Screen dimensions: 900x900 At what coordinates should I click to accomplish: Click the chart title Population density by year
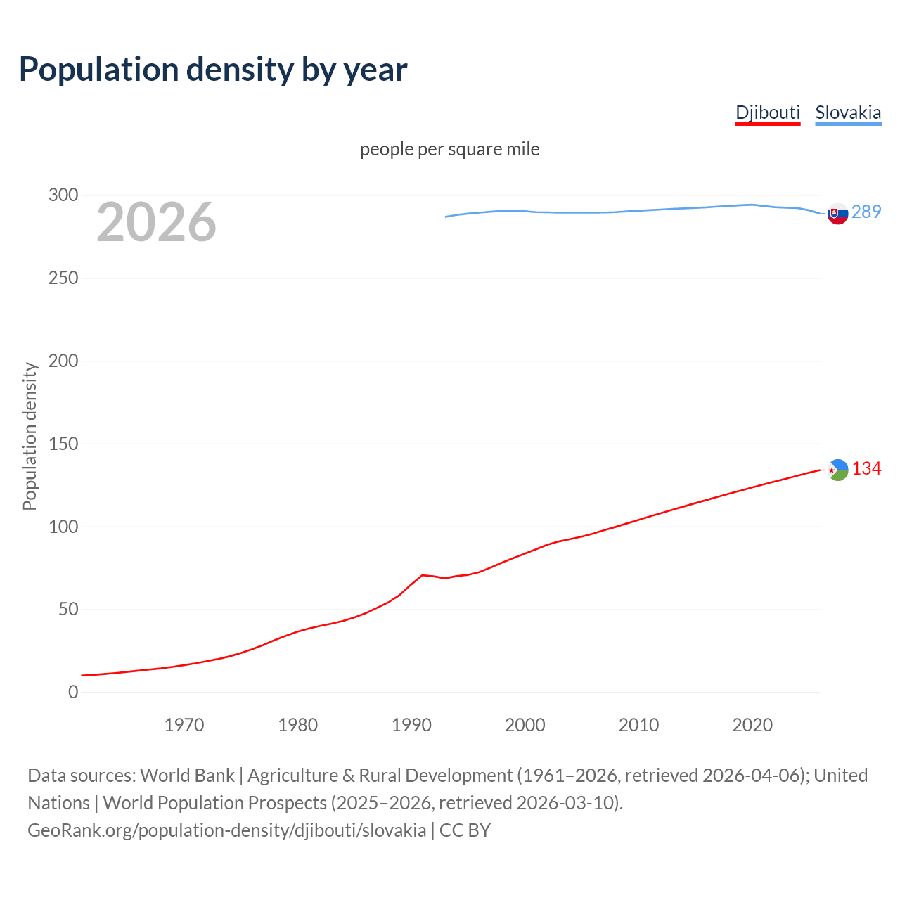pyautogui.click(x=213, y=70)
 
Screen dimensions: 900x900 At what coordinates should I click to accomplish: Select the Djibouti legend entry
pyautogui.click(x=767, y=112)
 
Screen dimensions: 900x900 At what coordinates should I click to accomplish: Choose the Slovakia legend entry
pyautogui.click(x=847, y=112)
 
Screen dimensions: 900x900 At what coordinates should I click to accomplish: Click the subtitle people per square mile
pyautogui.click(x=449, y=150)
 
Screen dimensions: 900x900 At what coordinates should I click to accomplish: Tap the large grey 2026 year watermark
pyautogui.click(x=156, y=222)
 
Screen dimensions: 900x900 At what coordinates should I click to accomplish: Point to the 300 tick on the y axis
pyautogui.click(x=63, y=195)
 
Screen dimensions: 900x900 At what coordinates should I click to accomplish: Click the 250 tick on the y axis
pyautogui.click(x=63, y=278)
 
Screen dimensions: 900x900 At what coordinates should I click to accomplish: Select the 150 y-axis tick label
pyautogui.click(x=63, y=444)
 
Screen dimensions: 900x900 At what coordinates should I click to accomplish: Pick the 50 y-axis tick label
pyautogui.click(x=68, y=610)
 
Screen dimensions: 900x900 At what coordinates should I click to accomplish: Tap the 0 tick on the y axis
pyautogui.click(x=73, y=693)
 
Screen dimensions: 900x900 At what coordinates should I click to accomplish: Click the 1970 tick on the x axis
pyautogui.click(x=184, y=725)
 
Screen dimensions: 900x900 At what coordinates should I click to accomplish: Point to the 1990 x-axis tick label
pyautogui.click(x=411, y=725)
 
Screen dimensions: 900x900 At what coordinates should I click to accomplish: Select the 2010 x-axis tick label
pyautogui.click(x=638, y=725)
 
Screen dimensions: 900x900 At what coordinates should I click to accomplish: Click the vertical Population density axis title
pyautogui.click(x=30, y=436)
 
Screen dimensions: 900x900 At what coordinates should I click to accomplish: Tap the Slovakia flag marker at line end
pyautogui.click(x=837, y=214)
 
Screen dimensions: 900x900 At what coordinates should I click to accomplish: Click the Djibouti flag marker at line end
pyautogui.click(x=837, y=470)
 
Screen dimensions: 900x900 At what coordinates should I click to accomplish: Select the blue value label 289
pyautogui.click(x=866, y=212)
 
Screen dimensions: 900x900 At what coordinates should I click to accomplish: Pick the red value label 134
pyautogui.click(x=866, y=469)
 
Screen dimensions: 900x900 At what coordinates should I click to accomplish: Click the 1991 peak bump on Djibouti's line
pyautogui.click(x=422, y=575)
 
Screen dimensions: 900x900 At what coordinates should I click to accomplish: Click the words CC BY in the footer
pyautogui.click(x=465, y=830)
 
